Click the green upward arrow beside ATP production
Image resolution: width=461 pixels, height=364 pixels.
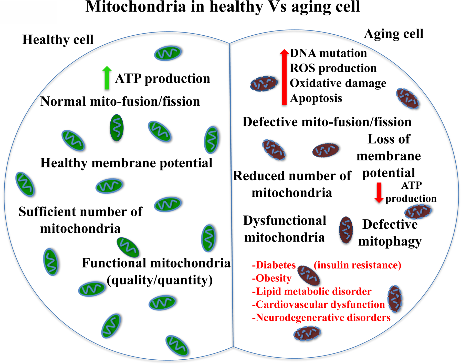tap(107, 78)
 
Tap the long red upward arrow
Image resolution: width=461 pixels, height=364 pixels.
tap(284, 77)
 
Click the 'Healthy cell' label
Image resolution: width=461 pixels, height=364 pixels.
tap(58, 40)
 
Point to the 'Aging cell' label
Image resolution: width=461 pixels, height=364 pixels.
tap(394, 34)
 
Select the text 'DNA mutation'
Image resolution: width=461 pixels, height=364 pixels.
tap(328, 53)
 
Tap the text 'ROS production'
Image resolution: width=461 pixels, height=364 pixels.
tap(333, 68)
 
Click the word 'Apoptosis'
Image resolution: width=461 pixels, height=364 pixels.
tap(316, 98)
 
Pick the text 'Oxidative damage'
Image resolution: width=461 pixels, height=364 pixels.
tap(338, 83)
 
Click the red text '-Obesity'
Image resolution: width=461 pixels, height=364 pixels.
tap(272, 278)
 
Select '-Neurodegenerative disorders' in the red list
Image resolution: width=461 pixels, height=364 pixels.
tap(321, 318)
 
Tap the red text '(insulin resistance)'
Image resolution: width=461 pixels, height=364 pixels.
tap(358, 265)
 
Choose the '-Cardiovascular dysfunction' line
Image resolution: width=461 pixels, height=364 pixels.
tap(318, 305)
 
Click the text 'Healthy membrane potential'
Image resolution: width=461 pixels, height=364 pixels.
tap(126, 163)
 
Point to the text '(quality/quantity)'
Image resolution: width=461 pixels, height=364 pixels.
tap(160, 280)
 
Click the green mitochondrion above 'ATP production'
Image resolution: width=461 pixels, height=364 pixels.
tap(168, 53)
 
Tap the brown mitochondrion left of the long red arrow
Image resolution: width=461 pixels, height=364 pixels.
tap(264, 84)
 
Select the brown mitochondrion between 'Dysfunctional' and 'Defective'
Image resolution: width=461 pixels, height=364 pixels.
tap(346, 230)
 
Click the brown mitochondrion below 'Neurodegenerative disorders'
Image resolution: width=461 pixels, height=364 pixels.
tap(307, 333)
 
